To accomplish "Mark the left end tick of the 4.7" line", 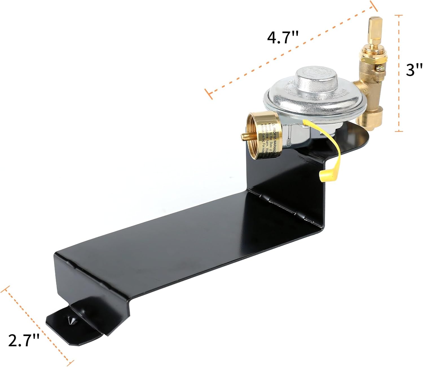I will point(209,93).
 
